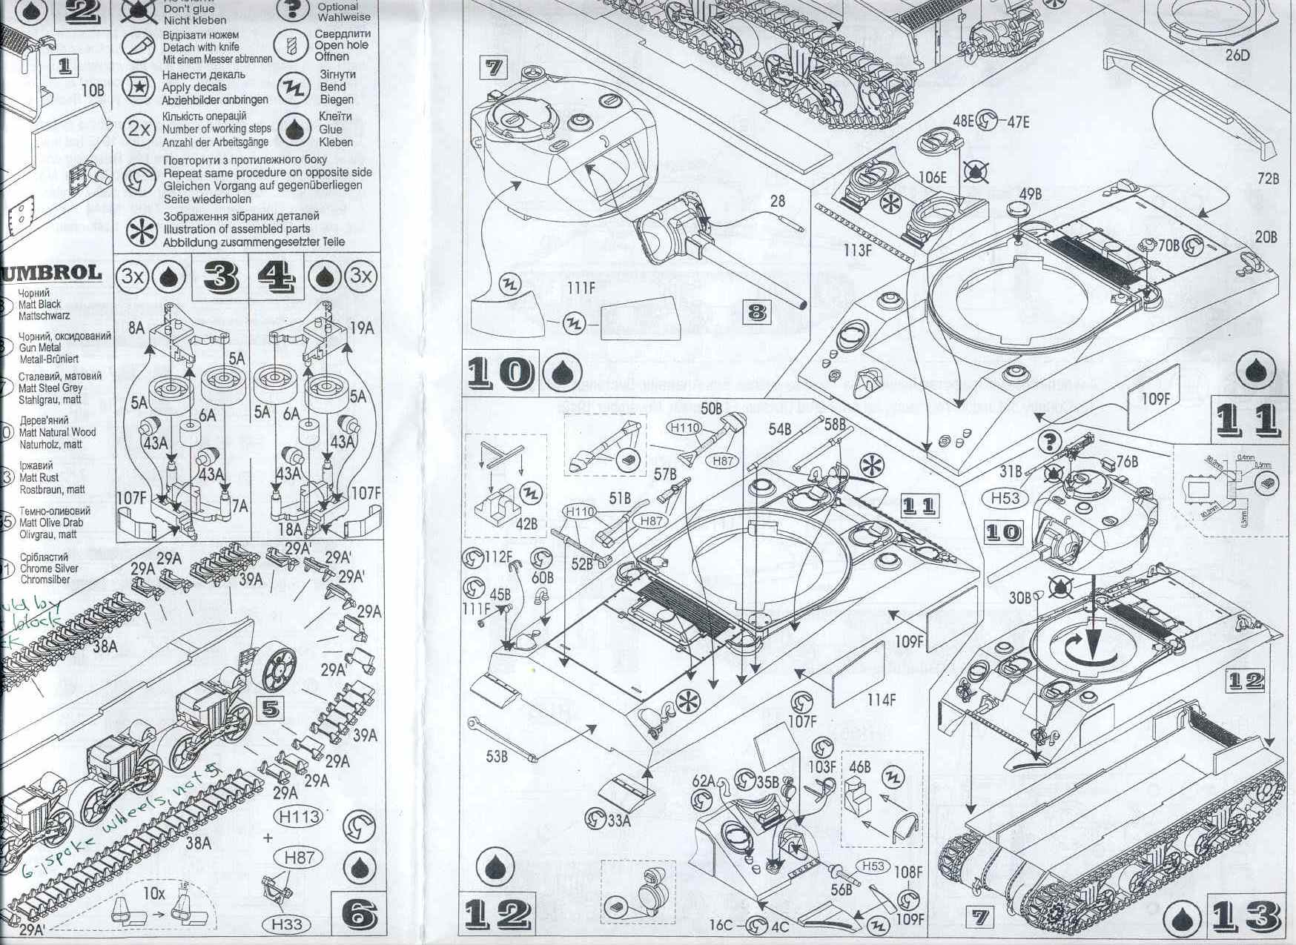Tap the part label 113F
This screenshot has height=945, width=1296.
click(857, 250)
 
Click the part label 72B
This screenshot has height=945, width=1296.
click(1268, 179)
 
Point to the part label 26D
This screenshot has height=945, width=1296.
click(1237, 55)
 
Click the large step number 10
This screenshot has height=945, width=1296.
click(500, 373)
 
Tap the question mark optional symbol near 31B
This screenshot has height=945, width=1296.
click(1050, 442)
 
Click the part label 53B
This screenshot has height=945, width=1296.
click(497, 756)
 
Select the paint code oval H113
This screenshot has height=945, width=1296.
click(300, 817)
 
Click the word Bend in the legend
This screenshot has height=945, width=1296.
click(333, 87)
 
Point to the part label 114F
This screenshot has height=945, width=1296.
click(882, 698)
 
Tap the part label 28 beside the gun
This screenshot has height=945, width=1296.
click(777, 201)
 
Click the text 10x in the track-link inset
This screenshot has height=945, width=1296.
click(153, 893)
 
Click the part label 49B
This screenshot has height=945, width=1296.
click(1030, 194)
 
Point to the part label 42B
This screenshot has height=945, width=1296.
click(526, 524)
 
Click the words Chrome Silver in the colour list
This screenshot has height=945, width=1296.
click(49, 568)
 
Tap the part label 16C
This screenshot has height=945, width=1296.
click(721, 925)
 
